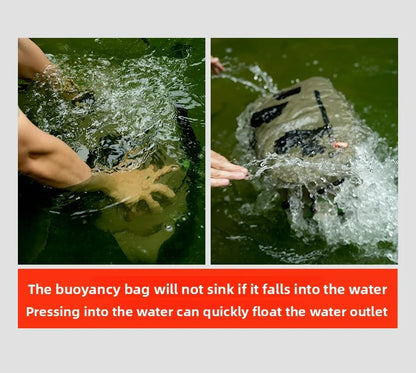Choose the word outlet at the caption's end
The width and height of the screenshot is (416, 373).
[x=366, y=311]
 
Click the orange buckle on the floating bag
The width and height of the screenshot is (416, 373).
[x=340, y=145]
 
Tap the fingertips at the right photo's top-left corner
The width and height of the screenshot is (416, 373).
[x=217, y=66]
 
